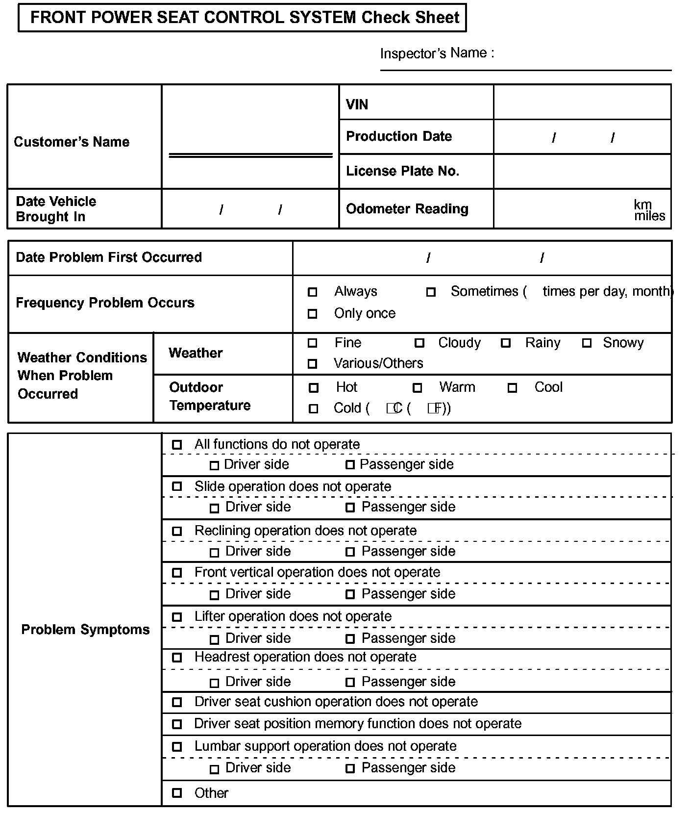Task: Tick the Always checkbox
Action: pyautogui.click(x=312, y=292)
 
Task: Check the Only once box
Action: pyautogui.click(x=312, y=314)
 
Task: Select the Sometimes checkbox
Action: pyautogui.click(x=431, y=292)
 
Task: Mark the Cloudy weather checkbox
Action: pyautogui.click(x=419, y=343)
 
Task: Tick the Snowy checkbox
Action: pyautogui.click(x=587, y=343)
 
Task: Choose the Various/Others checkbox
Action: pyautogui.click(x=312, y=364)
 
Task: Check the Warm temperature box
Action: pyautogui.click(x=417, y=388)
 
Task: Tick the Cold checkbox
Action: pyautogui.click(x=313, y=408)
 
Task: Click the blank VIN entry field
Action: pyautogui.click(x=582, y=102)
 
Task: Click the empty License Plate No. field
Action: pyautogui.click(x=582, y=172)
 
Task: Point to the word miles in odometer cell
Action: pyautogui.click(x=649, y=216)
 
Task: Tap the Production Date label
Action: pyautogui.click(x=399, y=136)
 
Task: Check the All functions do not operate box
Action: pyautogui.click(x=177, y=445)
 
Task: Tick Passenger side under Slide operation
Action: pyautogui.click(x=350, y=508)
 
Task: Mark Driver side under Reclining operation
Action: pyautogui.click(x=214, y=553)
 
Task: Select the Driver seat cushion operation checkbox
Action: pyautogui.click(x=177, y=702)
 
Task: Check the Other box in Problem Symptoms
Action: pyautogui.click(x=177, y=793)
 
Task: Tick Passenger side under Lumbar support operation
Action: pyautogui.click(x=350, y=768)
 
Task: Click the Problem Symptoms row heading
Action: pyautogui.click(x=85, y=630)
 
